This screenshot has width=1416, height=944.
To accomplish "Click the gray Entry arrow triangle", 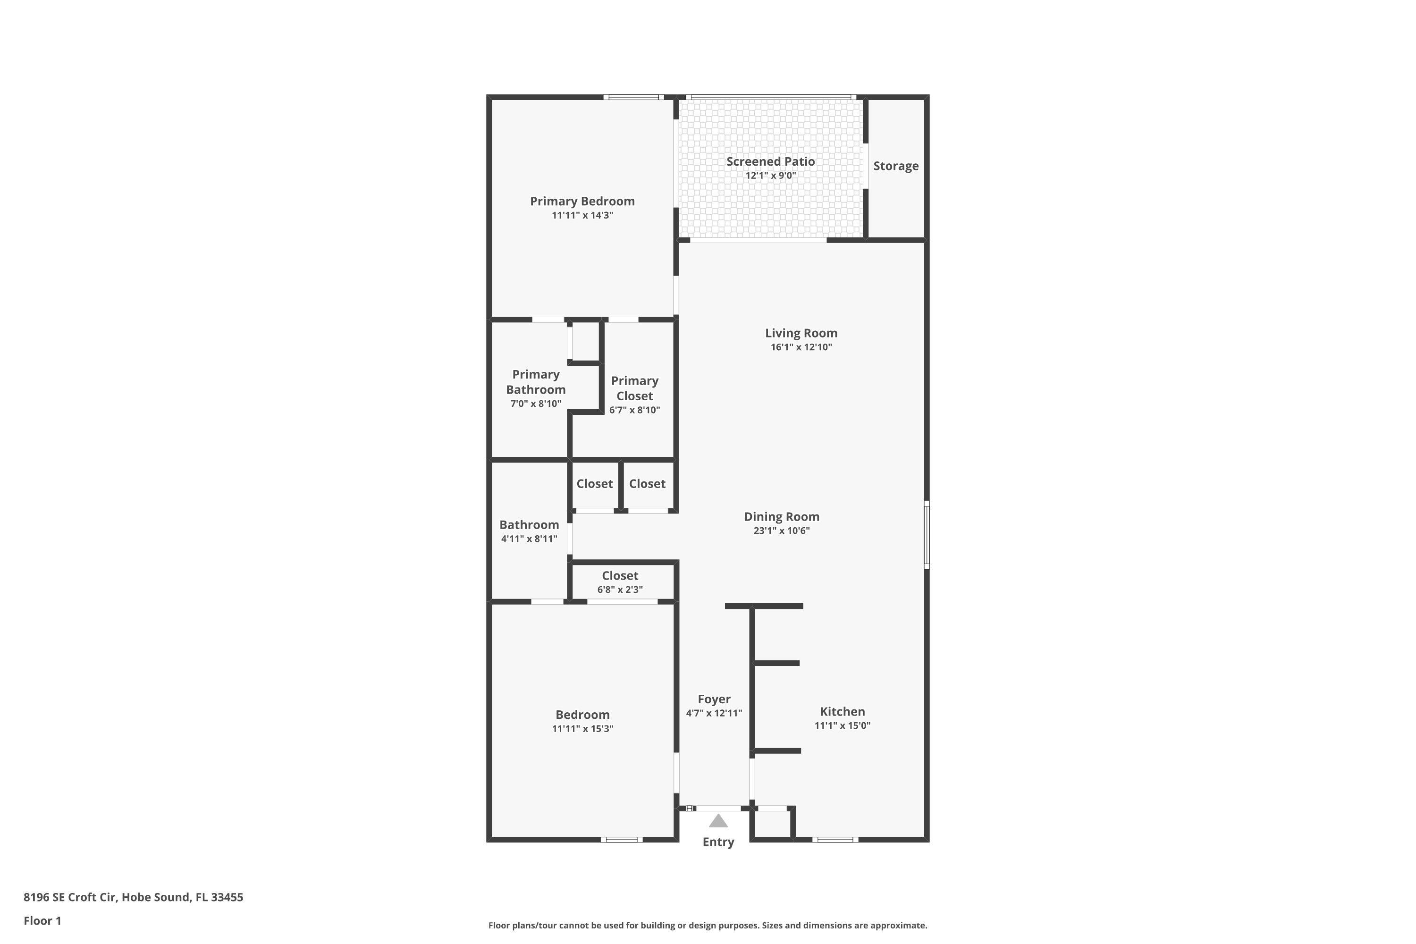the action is click(x=718, y=821).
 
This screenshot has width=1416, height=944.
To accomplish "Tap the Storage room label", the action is click(x=896, y=166).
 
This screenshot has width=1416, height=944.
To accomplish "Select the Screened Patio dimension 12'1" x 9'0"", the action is click(x=771, y=176).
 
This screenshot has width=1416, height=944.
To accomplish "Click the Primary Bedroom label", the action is click(x=582, y=201).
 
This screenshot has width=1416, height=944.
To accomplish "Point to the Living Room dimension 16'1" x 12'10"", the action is click(x=801, y=347).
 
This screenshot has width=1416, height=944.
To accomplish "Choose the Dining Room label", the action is click(x=782, y=516).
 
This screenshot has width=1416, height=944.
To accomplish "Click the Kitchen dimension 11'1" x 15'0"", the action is click(x=842, y=725).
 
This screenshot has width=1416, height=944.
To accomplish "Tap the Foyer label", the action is click(x=714, y=699).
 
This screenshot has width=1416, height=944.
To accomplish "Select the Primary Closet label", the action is click(x=634, y=388).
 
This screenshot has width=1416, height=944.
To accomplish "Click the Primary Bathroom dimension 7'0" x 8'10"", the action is click(x=536, y=404).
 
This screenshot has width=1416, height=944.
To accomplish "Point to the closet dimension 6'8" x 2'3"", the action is click(x=620, y=590).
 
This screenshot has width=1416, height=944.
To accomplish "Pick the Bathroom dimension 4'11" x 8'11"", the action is click(x=529, y=539).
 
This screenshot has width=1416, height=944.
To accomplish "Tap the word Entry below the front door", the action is click(x=718, y=842).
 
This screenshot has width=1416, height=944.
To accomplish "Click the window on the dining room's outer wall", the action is click(x=927, y=535).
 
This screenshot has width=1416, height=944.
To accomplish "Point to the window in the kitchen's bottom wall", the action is click(x=835, y=839).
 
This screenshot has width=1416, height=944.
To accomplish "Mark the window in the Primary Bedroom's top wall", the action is click(x=633, y=97).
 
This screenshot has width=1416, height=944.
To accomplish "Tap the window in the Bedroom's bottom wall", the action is click(x=621, y=839).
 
